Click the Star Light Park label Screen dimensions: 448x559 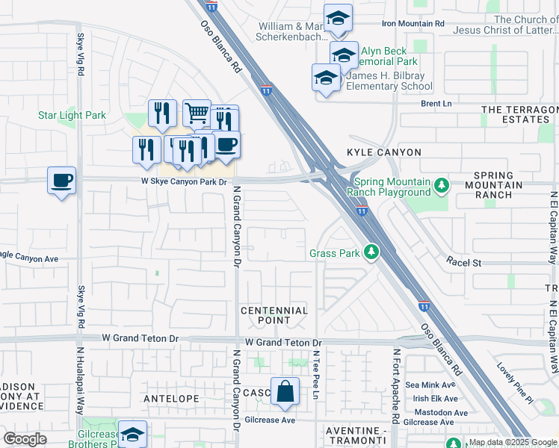[x=72, y=116]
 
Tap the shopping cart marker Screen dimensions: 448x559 [x=197, y=113]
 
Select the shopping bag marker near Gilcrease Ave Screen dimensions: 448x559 [x=285, y=391]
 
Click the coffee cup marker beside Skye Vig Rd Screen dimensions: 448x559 [x=62, y=180]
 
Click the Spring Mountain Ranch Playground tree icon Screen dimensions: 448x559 [x=442, y=184]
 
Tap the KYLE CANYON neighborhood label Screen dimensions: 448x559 [x=384, y=152]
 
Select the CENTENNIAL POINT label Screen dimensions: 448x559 [x=274, y=315]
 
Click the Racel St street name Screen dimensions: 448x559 [x=464, y=262]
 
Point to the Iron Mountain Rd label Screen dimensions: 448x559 [x=413, y=24]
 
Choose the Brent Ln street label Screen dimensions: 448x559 [x=437, y=105]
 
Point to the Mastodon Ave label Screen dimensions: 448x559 [x=436, y=412]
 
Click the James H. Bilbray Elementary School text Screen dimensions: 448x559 [x=390, y=87]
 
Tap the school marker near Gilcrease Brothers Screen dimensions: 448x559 [x=132, y=435]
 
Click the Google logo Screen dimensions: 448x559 [x=25, y=439]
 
